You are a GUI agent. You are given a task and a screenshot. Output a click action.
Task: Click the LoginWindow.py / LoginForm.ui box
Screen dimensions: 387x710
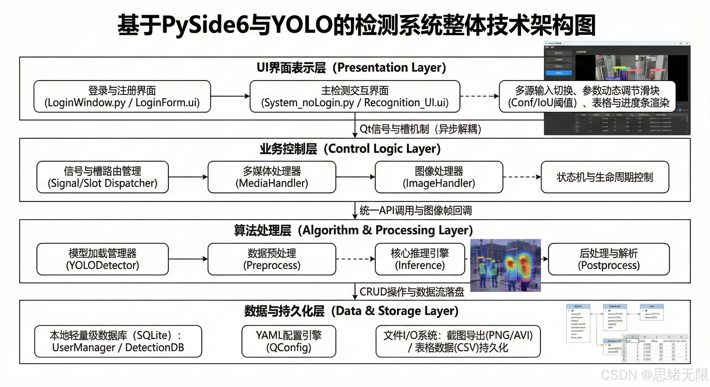[122, 96]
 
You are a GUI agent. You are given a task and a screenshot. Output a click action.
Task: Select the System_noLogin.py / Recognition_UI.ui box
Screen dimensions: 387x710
[355, 96]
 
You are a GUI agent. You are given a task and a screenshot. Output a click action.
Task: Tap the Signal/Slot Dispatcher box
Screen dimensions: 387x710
[103, 177]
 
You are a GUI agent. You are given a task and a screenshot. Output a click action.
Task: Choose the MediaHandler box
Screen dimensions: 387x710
[272, 177]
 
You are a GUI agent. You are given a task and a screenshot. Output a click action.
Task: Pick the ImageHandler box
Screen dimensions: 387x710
[439, 177]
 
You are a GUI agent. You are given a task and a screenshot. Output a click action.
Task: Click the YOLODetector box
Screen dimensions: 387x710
[103, 259]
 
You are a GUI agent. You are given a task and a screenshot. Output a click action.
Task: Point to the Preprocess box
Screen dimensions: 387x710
[272, 259]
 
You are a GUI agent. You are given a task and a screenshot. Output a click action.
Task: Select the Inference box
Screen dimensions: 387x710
[420, 259]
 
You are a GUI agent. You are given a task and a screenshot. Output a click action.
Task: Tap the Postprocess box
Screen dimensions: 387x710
[609, 259]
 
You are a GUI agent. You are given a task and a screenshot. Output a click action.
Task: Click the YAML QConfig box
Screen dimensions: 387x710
[289, 341]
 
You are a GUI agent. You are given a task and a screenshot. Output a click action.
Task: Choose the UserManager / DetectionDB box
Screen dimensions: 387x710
[118, 341]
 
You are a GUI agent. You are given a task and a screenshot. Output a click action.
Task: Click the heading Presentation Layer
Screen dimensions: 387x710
[351, 68]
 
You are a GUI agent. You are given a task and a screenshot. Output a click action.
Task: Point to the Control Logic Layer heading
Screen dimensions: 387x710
[350, 149]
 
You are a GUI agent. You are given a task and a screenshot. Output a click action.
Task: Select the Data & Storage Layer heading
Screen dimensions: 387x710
[351, 311]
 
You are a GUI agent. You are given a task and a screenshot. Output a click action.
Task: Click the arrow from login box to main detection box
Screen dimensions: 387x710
[230, 96]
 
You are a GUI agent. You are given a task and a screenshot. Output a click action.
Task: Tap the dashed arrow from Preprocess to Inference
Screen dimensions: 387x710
[355, 259]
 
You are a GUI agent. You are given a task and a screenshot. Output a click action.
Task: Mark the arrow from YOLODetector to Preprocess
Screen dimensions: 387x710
[188, 259]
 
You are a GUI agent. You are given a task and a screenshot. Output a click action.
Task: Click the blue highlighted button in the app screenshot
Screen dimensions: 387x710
[558, 73]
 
